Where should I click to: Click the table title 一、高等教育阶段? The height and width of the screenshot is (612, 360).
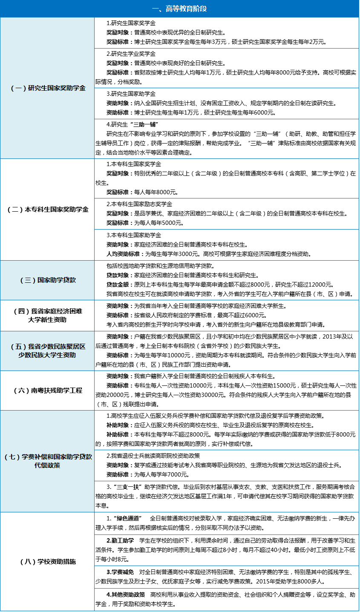tap(180, 9)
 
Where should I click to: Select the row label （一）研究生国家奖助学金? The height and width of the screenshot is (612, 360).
tap(47, 88)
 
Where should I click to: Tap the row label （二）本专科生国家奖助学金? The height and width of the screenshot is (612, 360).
tap(47, 210)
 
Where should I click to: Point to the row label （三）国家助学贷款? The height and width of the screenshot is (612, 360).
tap(47, 280)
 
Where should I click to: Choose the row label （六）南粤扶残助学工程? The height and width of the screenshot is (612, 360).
tap(47, 391)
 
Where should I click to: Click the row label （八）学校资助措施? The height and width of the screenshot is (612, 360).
tap(47, 562)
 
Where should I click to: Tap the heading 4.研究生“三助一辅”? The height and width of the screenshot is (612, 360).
tap(132, 124)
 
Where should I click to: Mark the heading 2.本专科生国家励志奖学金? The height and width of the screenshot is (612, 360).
tap(139, 204)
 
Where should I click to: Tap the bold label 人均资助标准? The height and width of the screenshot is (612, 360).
tap(124, 254)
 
